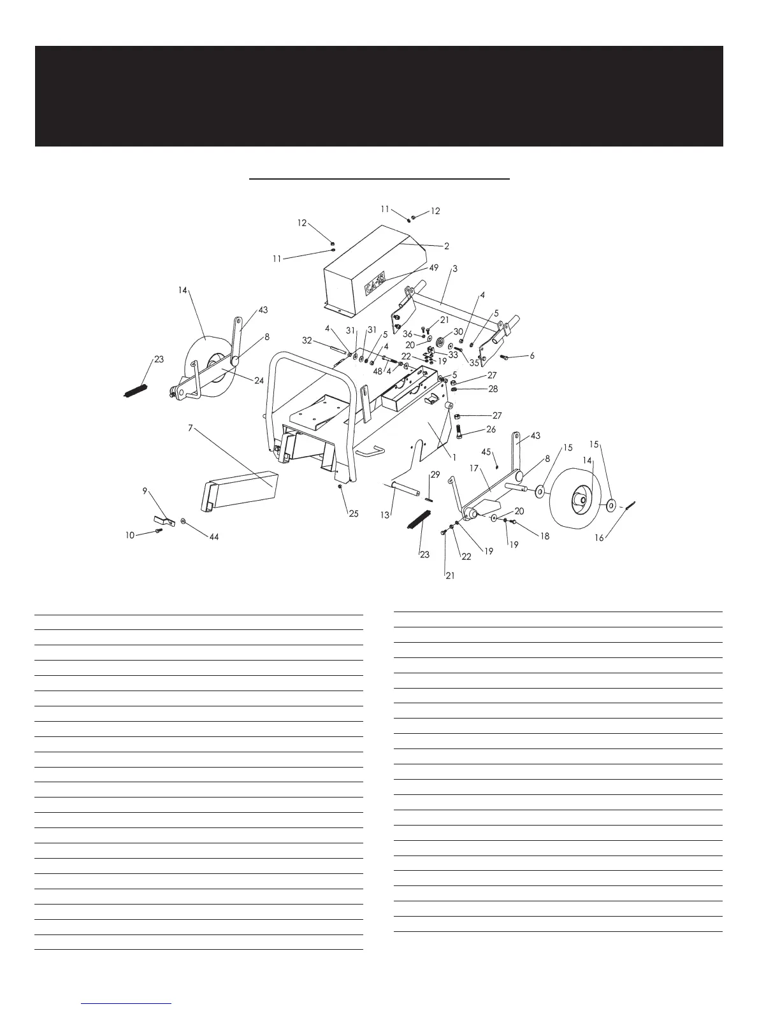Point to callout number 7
pos(190,429)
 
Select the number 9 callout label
pos(145,491)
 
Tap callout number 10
pos(129,535)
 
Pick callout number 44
pos(214,538)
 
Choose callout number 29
pos(435,475)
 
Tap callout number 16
pos(599,538)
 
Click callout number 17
pos(474,468)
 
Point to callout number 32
pos(307,341)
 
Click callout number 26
pos(491,430)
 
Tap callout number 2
pos(447,246)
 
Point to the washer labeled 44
pos(184,521)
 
